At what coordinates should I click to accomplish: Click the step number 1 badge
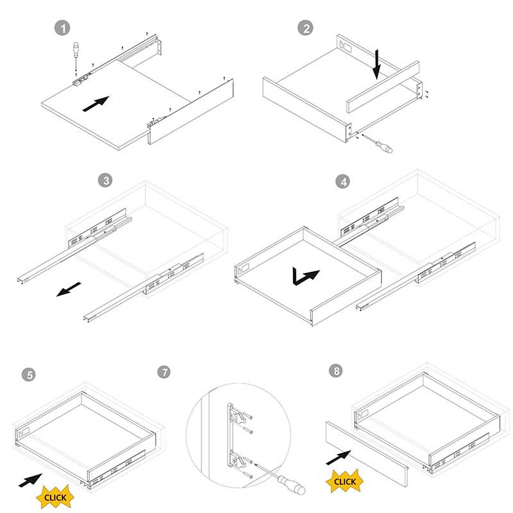click(x=62, y=28)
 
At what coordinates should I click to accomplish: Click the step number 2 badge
click(x=305, y=28)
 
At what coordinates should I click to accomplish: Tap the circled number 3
click(x=105, y=180)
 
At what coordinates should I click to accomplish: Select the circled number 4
click(x=343, y=181)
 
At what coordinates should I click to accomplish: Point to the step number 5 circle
click(x=29, y=374)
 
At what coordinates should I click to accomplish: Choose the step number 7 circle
click(x=164, y=372)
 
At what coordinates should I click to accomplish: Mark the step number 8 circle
click(x=336, y=371)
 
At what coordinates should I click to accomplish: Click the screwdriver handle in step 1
click(x=76, y=49)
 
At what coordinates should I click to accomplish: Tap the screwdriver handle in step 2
click(x=384, y=147)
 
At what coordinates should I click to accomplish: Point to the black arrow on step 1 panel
click(x=96, y=104)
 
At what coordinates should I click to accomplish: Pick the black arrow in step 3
click(x=69, y=289)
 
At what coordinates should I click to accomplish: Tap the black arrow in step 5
click(x=30, y=480)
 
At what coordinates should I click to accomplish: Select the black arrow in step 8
click(x=339, y=457)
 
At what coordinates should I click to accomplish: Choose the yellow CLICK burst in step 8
click(x=345, y=482)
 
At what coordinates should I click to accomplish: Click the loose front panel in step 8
click(x=367, y=454)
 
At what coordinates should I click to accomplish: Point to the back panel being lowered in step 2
click(x=383, y=87)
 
